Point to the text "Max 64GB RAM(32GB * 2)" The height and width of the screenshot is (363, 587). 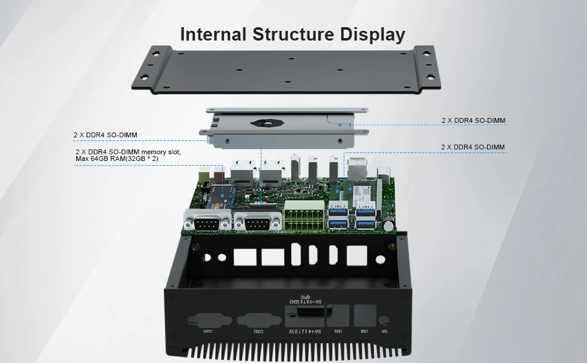coord(117,159)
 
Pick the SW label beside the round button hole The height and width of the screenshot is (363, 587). coord(384,332)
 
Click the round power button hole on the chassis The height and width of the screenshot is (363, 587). coord(383,321)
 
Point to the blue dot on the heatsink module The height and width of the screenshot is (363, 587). coord(340,125)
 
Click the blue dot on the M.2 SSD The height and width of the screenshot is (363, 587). coord(223,194)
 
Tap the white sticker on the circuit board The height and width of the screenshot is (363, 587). coord(365,192)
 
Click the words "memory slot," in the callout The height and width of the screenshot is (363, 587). coord(162,151)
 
